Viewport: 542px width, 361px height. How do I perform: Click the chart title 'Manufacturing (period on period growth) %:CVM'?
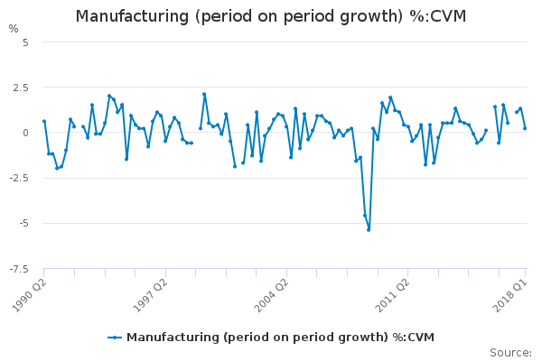pos(271,16)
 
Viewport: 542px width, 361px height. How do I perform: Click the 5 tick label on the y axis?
pos(25,42)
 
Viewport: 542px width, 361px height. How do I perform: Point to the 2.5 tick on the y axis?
pos(20,88)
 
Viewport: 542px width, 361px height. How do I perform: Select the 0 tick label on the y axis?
pos(25,133)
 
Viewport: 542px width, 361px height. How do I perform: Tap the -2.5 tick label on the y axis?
pos(18,178)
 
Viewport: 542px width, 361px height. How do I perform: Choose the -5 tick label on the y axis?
pos(23,223)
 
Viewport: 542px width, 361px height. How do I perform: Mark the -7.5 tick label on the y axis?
pos(18,268)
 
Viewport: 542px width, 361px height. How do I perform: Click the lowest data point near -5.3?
pos(369,229)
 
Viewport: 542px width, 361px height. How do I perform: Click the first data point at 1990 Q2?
pos(44,121)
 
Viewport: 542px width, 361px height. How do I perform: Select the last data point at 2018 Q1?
pos(525,128)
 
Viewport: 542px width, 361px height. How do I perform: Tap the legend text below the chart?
pos(280,338)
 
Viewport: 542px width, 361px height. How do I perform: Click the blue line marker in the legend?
pos(115,338)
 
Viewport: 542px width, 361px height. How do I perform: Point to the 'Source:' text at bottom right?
pos(510,352)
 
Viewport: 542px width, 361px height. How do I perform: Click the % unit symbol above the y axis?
pos(13,29)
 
